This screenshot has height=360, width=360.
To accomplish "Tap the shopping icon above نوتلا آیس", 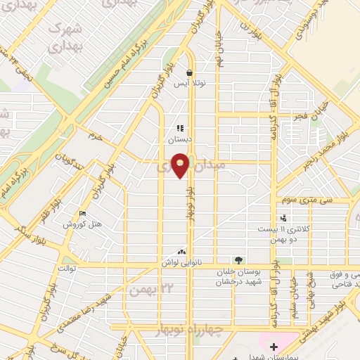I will [x=189, y=72].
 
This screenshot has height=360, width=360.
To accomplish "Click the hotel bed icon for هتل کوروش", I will [x=83, y=214].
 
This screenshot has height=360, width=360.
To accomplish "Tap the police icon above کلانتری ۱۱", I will [x=283, y=218].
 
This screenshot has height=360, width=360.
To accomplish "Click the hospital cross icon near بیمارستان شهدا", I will [x=274, y=347].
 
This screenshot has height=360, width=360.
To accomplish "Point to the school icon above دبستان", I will [x=180, y=129].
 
